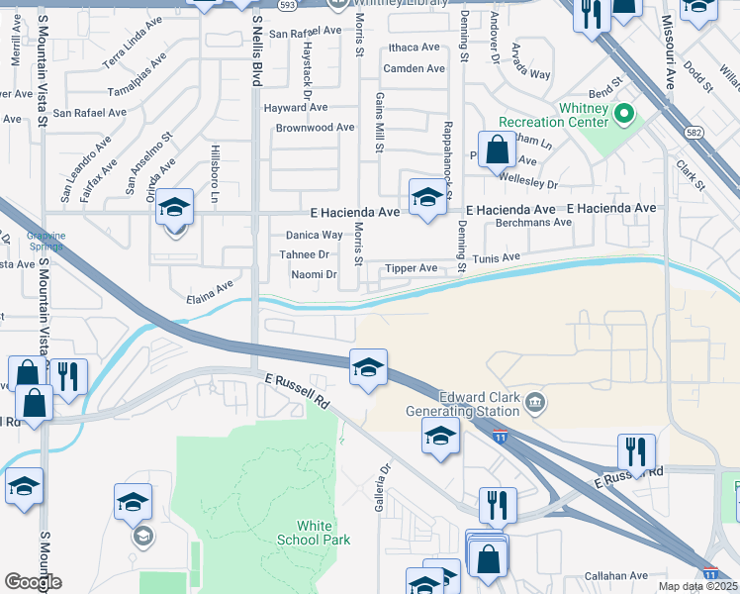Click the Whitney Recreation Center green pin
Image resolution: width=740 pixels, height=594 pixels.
623,114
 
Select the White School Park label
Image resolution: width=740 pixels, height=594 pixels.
322,533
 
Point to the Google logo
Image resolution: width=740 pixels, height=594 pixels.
33,582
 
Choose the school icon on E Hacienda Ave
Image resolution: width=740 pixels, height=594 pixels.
425,196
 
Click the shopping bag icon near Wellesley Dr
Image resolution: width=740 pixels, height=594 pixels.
498,150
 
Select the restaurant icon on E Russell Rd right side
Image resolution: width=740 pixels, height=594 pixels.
636,451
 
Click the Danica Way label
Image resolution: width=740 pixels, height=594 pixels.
314,235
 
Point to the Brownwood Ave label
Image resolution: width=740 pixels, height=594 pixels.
315,128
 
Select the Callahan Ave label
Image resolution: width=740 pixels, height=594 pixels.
615,575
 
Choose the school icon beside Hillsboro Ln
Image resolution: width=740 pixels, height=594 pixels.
174,209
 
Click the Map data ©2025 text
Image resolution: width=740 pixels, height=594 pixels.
697,586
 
